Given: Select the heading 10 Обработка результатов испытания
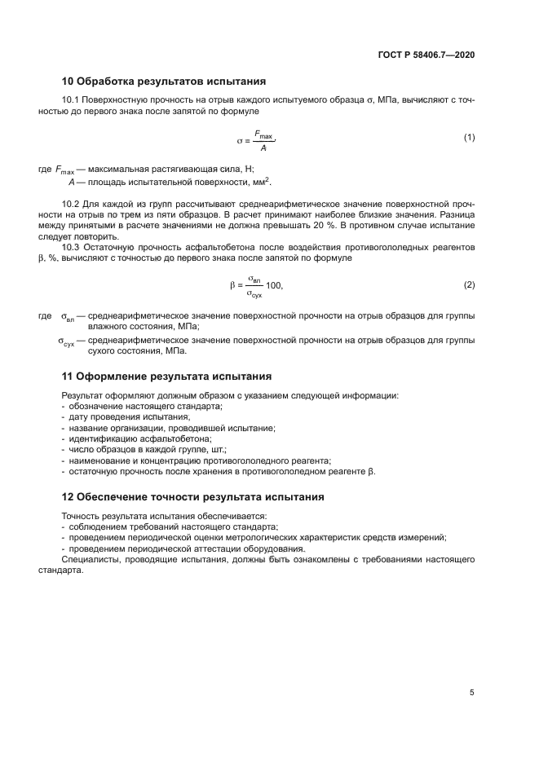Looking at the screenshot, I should (164, 81).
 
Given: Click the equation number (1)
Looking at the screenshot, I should (469, 138).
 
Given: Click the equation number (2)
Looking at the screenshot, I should (469, 284).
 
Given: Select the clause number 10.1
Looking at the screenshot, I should (71, 99).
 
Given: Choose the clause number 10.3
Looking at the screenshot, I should (71, 246).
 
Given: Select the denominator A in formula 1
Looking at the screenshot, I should (263, 148).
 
